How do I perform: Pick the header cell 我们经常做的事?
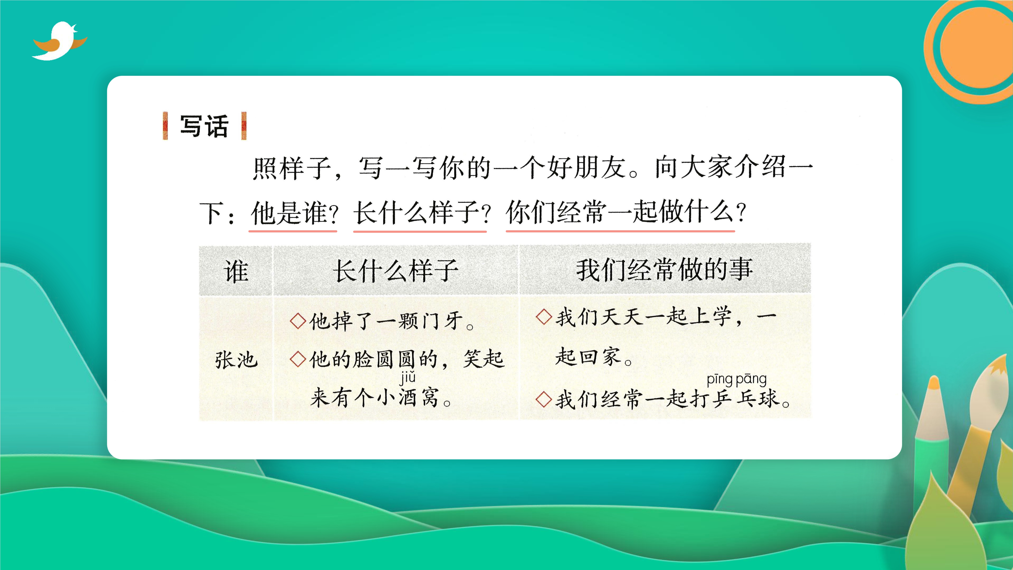pyautogui.click(x=664, y=270)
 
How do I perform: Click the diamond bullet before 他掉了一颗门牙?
pyautogui.click(x=298, y=321)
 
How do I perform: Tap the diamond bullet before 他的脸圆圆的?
pyautogui.click(x=298, y=359)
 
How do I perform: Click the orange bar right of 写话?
pyautogui.click(x=244, y=126)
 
